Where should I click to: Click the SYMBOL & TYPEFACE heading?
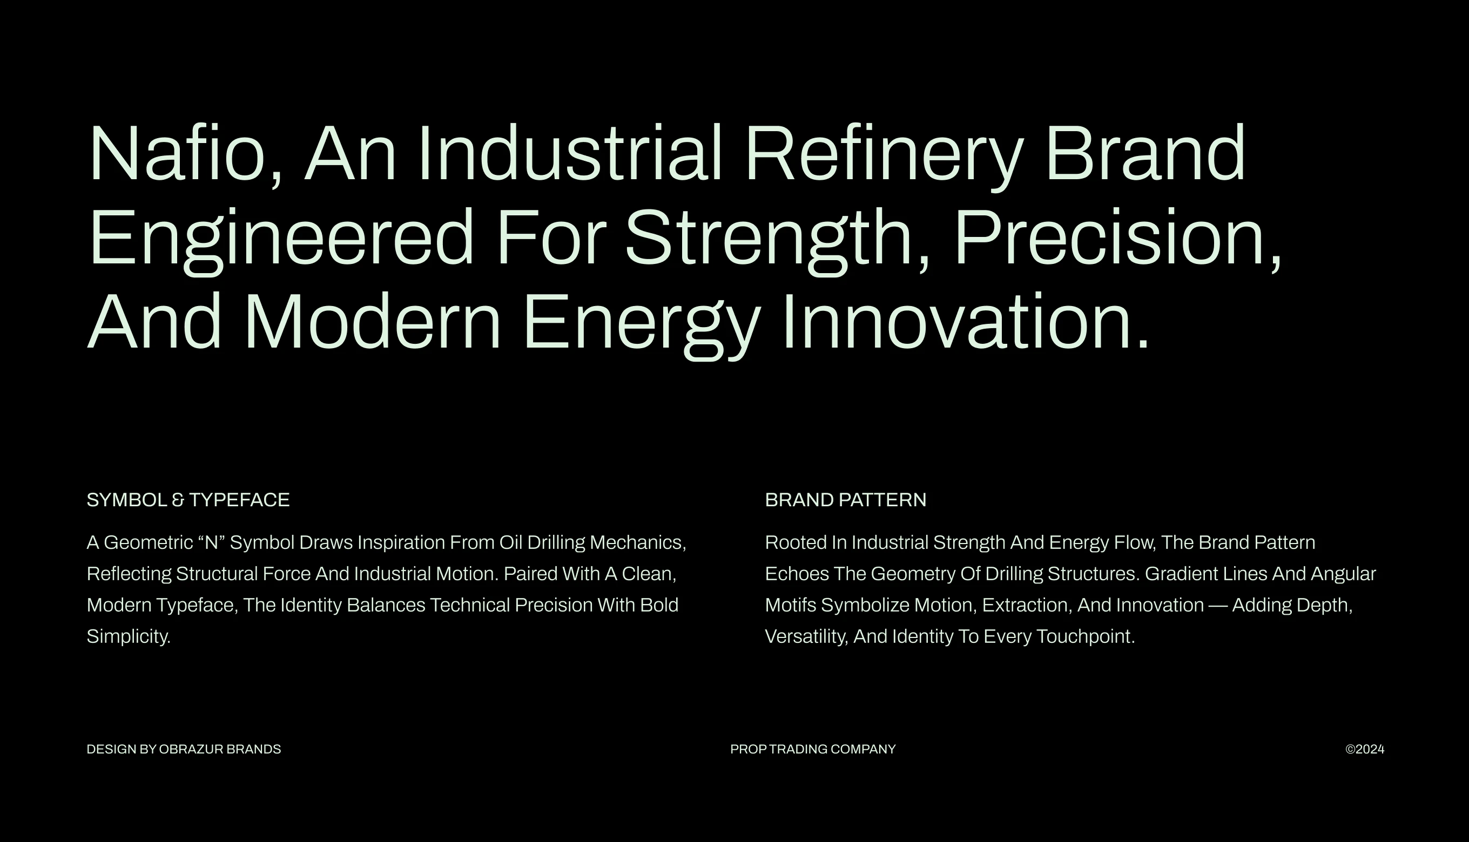[188, 500]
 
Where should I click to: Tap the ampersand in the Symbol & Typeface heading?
[178, 500]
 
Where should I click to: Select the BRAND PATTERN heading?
[845, 500]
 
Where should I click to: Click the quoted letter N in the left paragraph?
[211, 542]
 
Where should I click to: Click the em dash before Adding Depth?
[1218, 606]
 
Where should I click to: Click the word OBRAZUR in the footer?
[191, 749]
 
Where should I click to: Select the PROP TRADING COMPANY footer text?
[813, 749]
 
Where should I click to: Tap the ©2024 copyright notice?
[1365, 749]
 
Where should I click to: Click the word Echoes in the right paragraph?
[797, 574]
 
